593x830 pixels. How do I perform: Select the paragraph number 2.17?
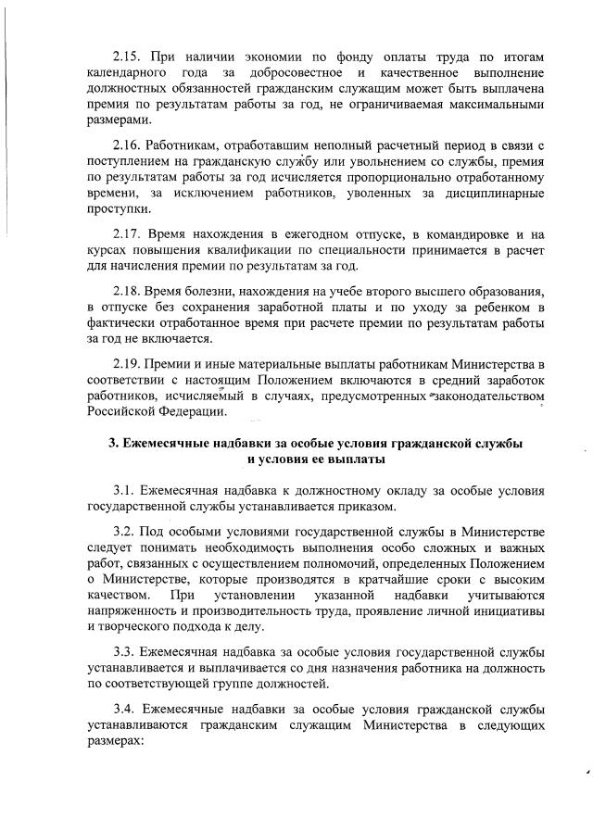pos(127,233)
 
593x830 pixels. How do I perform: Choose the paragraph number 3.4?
pos(125,709)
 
